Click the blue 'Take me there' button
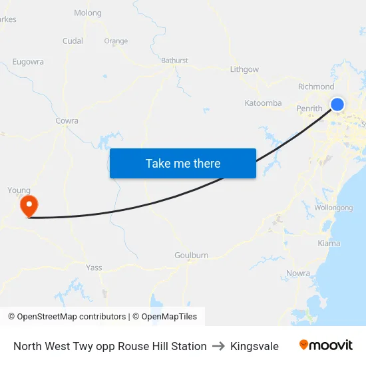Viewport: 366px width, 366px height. (183, 164)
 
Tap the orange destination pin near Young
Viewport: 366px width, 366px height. (29, 206)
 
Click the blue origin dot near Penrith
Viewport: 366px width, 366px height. (337, 104)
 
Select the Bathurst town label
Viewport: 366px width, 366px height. (174, 61)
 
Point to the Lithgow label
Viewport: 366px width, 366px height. (244, 69)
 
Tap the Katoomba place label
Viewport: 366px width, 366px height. (263, 103)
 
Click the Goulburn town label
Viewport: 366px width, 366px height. (192, 256)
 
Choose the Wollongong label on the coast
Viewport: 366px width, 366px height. (333, 208)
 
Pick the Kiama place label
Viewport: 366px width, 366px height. (329, 244)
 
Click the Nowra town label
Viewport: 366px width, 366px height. (297, 274)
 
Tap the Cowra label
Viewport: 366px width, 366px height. (67, 121)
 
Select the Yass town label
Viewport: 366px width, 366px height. (94, 268)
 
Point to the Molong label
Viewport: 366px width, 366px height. (88, 13)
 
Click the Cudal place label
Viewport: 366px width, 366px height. (73, 41)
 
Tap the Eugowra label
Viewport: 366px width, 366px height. (28, 62)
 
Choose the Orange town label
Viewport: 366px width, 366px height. (116, 41)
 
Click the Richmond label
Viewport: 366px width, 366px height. (316, 87)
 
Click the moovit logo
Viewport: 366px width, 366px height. (326, 345)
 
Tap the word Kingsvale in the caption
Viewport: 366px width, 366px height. (254, 346)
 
